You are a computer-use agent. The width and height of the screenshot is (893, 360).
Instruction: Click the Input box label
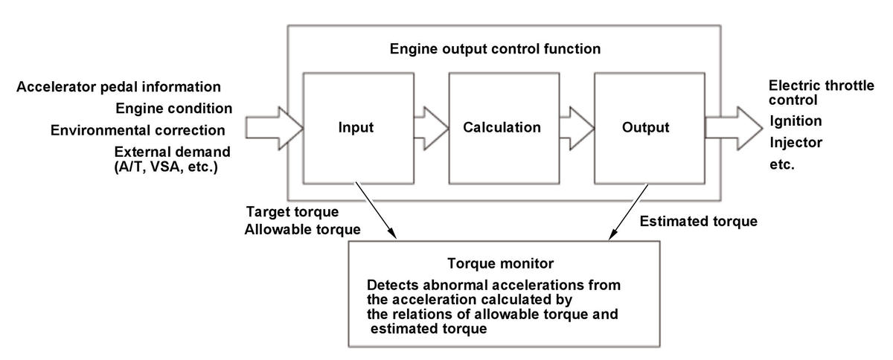tap(356, 128)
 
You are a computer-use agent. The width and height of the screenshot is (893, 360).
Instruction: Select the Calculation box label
tap(502, 127)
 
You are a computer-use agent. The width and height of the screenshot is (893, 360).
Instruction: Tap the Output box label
tap(645, 127)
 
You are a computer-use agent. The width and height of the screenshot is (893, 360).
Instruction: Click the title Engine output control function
tap(495, 48)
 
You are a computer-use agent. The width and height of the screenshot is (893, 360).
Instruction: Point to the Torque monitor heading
tap(500, 263)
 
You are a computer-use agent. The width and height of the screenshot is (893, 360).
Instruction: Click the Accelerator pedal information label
tap(118, 87)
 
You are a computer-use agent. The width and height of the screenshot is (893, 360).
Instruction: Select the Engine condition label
tap(174, 109)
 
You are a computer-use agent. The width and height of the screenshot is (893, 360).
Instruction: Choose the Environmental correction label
tap(138, 130)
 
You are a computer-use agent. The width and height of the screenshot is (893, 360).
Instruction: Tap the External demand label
tap(172, 152)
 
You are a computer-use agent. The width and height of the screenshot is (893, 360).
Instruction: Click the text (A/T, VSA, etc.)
tap(166, 167)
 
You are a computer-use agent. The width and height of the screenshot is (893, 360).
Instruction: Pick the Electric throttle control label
tap(822, 92)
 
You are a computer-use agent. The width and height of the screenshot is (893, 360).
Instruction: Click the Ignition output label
tap(796, 120)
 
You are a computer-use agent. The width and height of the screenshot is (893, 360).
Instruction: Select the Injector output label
tap(796, 142)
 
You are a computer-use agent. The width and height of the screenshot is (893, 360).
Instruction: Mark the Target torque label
tap(292, 212)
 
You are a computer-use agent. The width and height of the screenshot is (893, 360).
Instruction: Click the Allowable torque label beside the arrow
tap(303, 230)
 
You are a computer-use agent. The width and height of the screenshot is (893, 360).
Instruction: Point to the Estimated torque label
tap(699, 221)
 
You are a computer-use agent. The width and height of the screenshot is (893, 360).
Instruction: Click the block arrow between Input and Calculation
tap(432, 129)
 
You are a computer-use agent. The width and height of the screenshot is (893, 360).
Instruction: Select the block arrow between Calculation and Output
tap(577, 129)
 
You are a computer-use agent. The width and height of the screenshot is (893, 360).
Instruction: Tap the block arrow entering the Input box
tap(275, 129)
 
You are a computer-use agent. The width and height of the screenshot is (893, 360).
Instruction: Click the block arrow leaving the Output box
tap(734, 129)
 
